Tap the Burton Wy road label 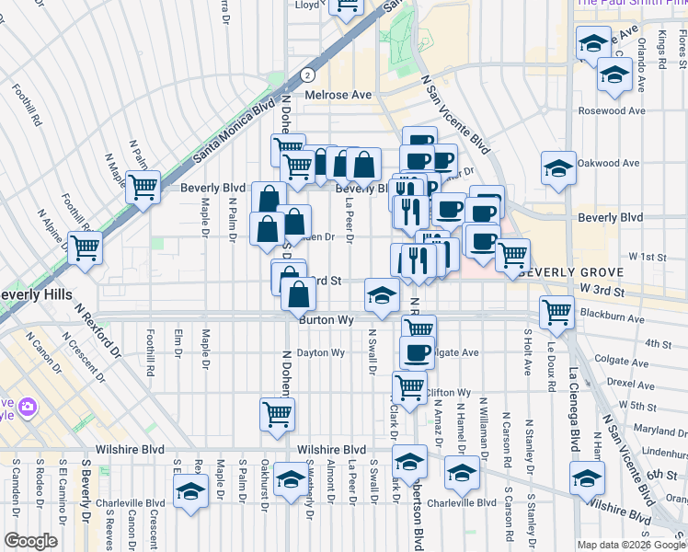pos(327,320)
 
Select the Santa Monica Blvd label pos(234,133)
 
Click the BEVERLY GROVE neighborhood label pos(571,273)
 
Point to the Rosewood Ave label pos(612,110)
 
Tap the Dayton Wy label pos(320,352)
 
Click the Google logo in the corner pos(30,541)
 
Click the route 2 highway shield pos(308,75)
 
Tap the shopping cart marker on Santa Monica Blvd pos(143,187)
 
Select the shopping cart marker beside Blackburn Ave pos(556,312)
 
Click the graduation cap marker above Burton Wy pos(382,294)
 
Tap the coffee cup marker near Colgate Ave pos(417,351)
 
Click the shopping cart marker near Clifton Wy pos(409,386)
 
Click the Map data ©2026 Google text pos(631,544)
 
